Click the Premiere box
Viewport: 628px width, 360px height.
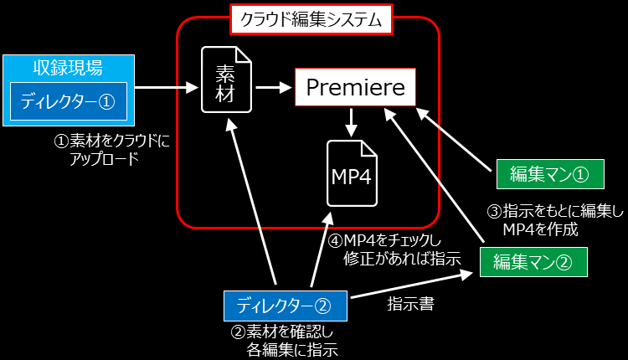click(355, 87)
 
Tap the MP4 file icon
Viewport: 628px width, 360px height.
click(351, 172)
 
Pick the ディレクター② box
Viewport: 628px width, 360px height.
click(286, 302)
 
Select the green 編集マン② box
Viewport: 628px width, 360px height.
click(533, 261)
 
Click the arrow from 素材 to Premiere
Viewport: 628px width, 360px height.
click(272, 86)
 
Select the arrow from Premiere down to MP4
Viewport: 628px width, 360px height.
click(352, 122)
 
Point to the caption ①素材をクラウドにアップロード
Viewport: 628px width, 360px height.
click(109, 149)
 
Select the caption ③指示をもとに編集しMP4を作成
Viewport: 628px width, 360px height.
click(553, 219)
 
